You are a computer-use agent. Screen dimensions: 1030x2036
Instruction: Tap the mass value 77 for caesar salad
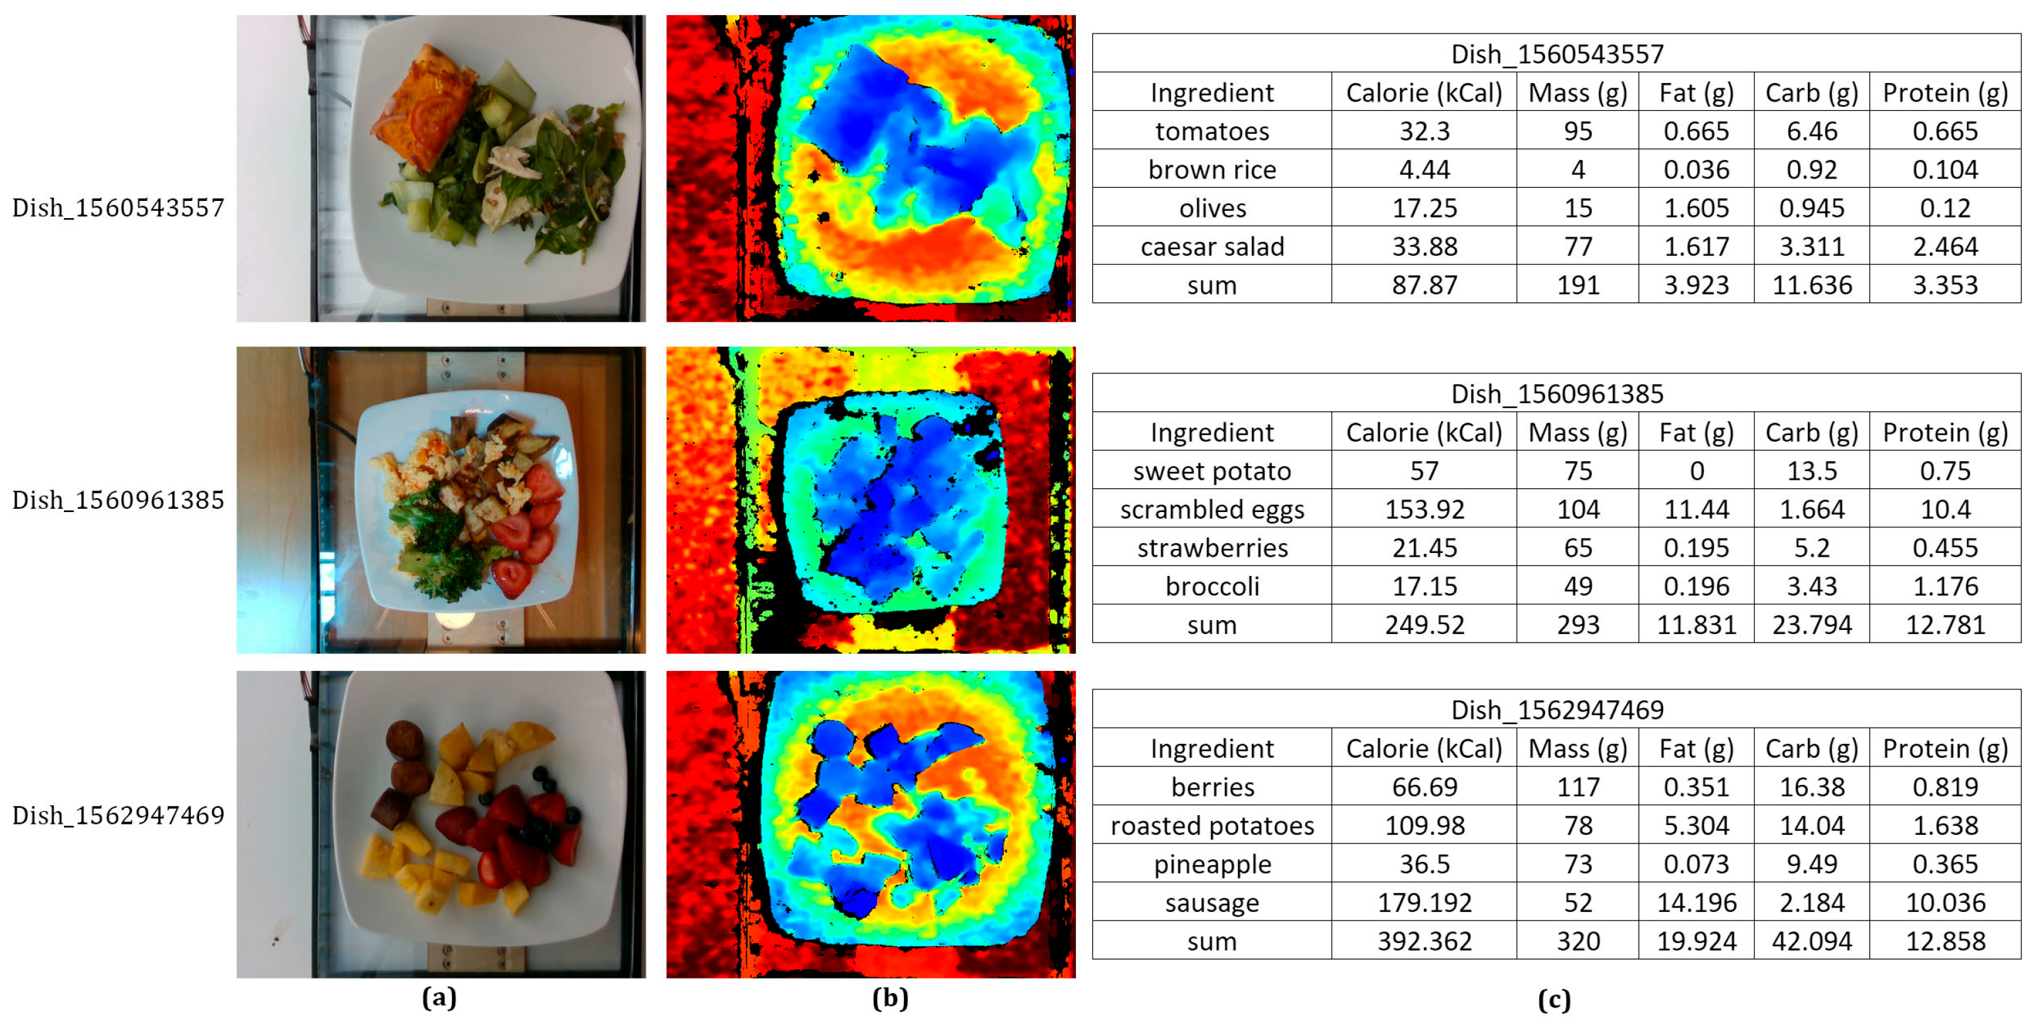tap(1577, 246)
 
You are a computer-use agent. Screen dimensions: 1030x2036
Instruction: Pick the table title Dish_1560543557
tap(1556, 54)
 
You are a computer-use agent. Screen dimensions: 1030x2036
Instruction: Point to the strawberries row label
tap(1212, 548)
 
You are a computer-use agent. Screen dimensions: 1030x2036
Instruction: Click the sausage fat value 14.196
tap(1696, 902)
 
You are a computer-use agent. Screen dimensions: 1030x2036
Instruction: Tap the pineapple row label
tap(1212, 864)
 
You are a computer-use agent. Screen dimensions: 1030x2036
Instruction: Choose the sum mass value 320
tap(1577, 940)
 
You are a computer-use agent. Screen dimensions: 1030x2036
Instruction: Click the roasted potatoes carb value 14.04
tap(1811, 825)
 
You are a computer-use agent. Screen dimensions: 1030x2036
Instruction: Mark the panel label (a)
tap(439, 998)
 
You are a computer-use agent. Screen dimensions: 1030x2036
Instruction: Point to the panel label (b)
tap(890, 998)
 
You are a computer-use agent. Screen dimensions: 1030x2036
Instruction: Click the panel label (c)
tap(1554, 999)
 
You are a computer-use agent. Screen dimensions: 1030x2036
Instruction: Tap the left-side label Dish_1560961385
tap(118, 500)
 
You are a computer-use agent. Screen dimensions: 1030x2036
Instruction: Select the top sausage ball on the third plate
tap(405, 739)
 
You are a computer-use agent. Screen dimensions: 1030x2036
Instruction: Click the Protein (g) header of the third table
tap(1944, 749)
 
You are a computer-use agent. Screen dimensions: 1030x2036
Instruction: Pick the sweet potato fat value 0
tap(1696, 471)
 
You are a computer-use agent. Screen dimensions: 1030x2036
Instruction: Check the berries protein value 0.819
tap(1944, 787)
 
